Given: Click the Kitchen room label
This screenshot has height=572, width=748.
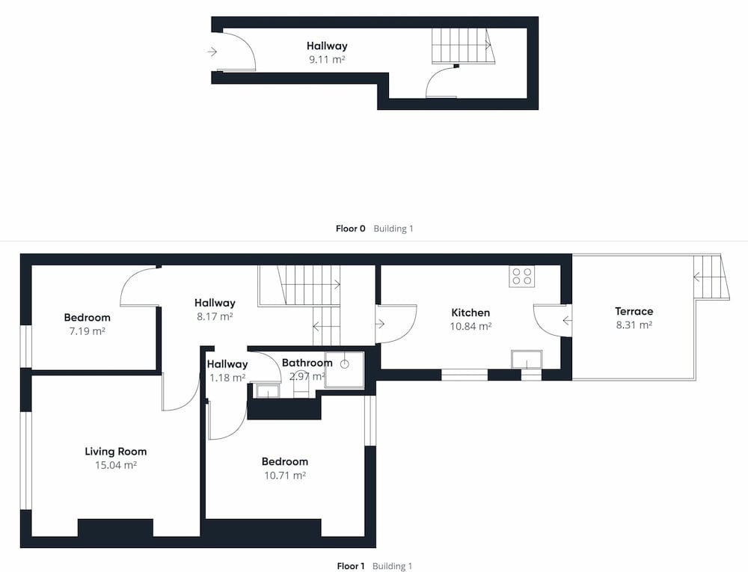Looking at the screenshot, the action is click(x=470, y=313).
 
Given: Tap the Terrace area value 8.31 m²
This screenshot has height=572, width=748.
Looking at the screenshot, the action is click(x=634, y=325).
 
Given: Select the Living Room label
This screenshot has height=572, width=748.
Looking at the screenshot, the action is click(x=116, y=452).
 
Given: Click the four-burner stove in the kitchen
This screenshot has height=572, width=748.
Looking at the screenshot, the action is click(x=522, y=276).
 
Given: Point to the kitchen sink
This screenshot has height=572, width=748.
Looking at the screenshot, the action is click(x=527, y=360).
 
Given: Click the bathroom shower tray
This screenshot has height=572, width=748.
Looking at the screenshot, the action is click(x=344, y=370).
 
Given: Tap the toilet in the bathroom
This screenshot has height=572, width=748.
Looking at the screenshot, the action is click(x=301, y=383).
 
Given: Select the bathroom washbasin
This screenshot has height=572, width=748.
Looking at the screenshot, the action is click(x=267, y=390).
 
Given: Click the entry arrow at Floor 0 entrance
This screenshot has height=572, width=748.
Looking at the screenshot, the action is click(x=212, y=52).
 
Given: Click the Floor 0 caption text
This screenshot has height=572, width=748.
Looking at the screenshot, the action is click(x=351, y=229).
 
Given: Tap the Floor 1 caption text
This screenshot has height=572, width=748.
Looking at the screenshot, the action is click(x=351, y=566).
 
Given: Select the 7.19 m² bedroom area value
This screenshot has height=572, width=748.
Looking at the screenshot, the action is click(x=88, y=331).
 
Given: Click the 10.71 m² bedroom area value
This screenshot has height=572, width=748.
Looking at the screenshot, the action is click(x=285, y=476).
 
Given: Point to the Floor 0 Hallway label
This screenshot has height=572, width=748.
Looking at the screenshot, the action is click(x=327, y=46).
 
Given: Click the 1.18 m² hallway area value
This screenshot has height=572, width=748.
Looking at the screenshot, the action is click(x=227, y=378).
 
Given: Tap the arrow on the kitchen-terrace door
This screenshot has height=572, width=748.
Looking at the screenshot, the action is click(x=567, y=321).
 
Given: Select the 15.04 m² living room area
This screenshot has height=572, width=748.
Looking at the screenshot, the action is click(x=116, y=465).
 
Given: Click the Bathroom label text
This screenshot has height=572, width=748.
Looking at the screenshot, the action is click(x=307, y=363).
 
